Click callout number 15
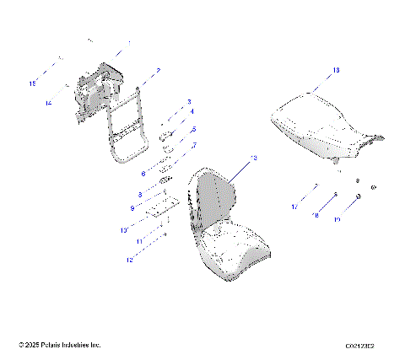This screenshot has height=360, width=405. coord(33,84)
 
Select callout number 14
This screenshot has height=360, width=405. coord(49,103)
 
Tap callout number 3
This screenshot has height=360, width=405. coord(189,101)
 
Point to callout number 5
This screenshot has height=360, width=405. coord(192,130)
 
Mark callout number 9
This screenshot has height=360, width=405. coord(132,207)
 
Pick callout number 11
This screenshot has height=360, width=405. coord(139,241)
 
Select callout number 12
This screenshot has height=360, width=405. coord(130,261)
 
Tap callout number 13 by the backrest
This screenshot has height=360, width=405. coord(254,158)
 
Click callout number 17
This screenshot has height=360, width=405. coord(295,207)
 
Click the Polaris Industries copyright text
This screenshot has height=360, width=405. coord(59,345)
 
